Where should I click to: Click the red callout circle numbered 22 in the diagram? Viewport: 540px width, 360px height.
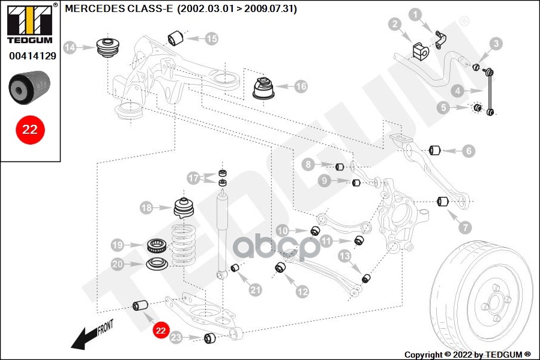tap(160, 329)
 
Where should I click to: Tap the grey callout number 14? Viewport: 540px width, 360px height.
tap(70, 47)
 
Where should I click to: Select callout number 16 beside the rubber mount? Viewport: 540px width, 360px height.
tap(301, 87)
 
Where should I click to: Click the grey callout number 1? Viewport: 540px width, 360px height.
tap(415, 14)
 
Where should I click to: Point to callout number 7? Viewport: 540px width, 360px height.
tap(466, 227)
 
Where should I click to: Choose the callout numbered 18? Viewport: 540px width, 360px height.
tap(146, 208)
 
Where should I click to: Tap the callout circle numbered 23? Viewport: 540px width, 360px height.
tap(176, 338)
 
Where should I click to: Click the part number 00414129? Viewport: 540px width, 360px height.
tap(32, 57)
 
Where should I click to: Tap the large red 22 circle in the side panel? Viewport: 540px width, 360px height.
tap(30, 129)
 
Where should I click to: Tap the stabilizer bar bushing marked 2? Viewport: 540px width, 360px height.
tap(419, 50)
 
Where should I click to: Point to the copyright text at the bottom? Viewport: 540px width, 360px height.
tap(467, 354)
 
